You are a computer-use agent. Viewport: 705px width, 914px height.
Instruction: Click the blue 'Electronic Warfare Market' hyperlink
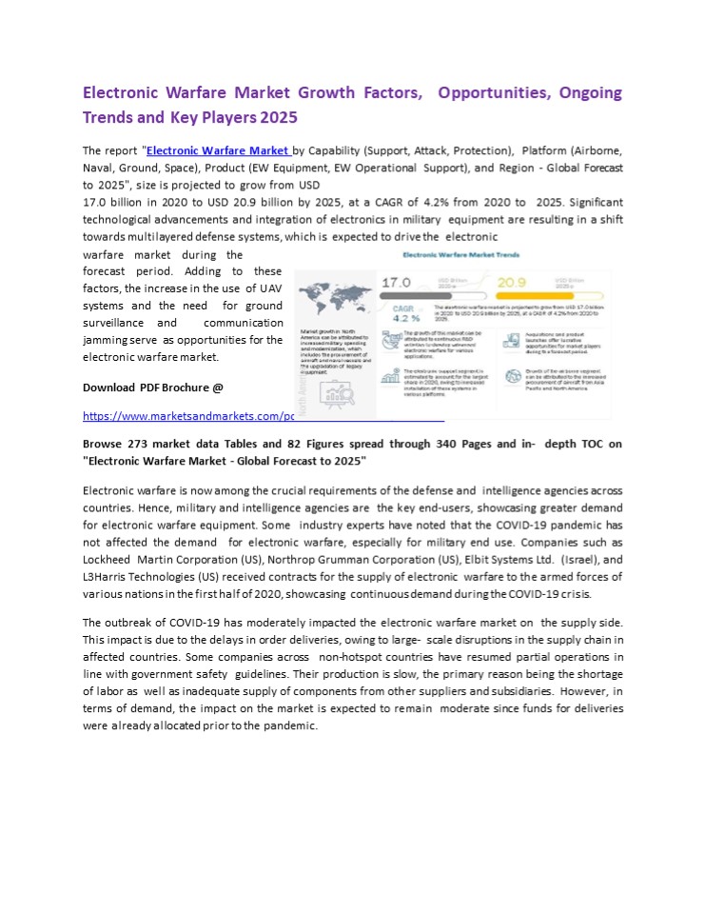[217, 150]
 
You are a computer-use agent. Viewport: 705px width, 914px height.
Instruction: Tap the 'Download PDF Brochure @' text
[152, 387]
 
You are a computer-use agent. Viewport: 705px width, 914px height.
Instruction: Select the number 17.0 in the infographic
[396, 283]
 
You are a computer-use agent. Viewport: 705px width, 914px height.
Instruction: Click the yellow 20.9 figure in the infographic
[512, 282]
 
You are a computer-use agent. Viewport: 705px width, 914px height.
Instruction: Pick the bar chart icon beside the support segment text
[390, 376]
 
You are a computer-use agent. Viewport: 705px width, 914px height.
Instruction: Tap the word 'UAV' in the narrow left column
[270, 288]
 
